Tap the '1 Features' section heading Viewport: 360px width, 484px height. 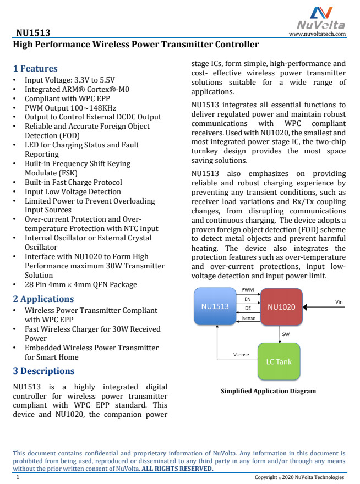pyautogui.click(x=35, y=69)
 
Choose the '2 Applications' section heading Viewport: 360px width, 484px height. pyautogui.click(x=43, y=299)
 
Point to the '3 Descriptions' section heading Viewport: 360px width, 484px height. pyautogui.click(x=44, y=371)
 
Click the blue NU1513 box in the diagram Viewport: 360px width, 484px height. pyautogui.click(x=215, y=306)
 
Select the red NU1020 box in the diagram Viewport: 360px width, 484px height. pyautogui.click(x=281, y=307)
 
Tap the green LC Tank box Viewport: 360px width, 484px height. pyautogui.click(x=279, y=361)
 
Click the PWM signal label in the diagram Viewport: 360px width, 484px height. pyautogui.click(x=248, y=289)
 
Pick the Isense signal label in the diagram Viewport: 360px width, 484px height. pyautogui.click(x=248, y=318)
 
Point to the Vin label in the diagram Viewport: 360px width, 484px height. pyautogui.click(x=339, y=301)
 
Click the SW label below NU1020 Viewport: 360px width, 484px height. pyautogui.click(x=286, y=334)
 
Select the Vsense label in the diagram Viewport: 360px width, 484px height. pyautogui.click(x=242, y=355)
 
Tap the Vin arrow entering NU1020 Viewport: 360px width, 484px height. pyautogui.click(x=325, y=307)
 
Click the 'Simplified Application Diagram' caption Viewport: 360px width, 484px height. pyautogui.click(x=268, y=392)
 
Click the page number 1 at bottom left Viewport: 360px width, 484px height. pyautogui.click(x=18, y=477)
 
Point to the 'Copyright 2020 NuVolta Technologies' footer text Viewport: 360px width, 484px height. pyautogui.click(x=299, y=477)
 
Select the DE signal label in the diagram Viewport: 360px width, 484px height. pyautogui.click(x=248, y=309)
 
